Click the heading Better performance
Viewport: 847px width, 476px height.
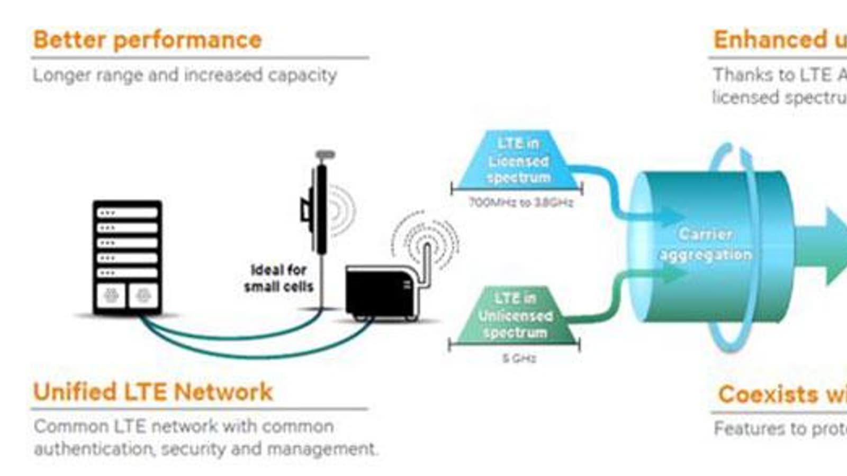[147, 40]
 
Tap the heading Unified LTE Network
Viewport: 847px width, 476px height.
[152, 392]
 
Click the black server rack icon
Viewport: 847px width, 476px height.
[127, 257]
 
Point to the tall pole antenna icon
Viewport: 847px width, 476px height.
[320, 212]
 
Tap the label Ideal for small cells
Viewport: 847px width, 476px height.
[278, 278]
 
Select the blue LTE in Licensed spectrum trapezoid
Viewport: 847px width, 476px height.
[518, 161]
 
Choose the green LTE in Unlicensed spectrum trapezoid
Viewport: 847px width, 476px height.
[515, 316]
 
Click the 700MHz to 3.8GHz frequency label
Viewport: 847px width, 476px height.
[521, 203]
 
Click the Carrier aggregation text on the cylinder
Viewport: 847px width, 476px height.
[706, 244]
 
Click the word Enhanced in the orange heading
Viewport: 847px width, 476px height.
[770, 40]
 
